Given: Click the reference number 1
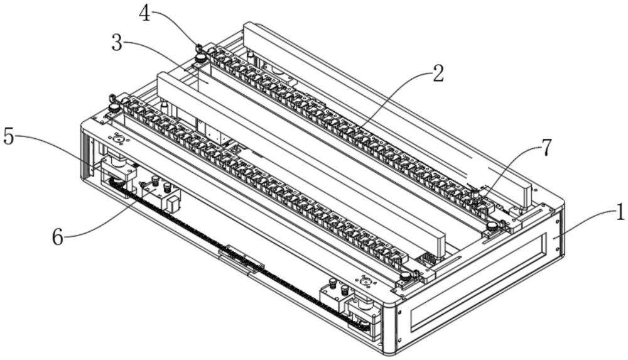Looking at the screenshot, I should click(620, 213).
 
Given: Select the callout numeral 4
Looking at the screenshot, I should click(146, 13).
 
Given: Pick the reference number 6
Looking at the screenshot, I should click(58, 238).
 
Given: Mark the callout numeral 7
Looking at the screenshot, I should click(546, 148).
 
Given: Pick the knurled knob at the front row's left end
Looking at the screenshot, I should click(114, 109).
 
